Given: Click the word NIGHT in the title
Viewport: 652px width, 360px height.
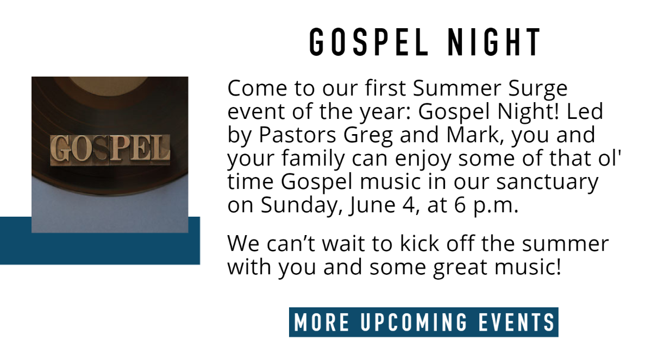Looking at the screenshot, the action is click(494, 42).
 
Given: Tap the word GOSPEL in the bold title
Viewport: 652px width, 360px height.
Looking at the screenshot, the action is click(369, 42).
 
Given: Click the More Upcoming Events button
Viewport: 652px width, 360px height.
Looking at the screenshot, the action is click(423, 322).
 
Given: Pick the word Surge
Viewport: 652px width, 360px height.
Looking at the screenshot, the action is click(538, 89).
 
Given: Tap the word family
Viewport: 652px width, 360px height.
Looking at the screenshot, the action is click(313, 159).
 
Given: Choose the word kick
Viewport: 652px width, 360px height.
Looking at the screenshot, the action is click(419, 243).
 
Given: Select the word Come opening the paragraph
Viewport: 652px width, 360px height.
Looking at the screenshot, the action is click(258, 88).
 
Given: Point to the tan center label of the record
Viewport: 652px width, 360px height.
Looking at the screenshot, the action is click(109, 85).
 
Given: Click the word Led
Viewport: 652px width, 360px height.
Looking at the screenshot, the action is click(585, 111).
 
